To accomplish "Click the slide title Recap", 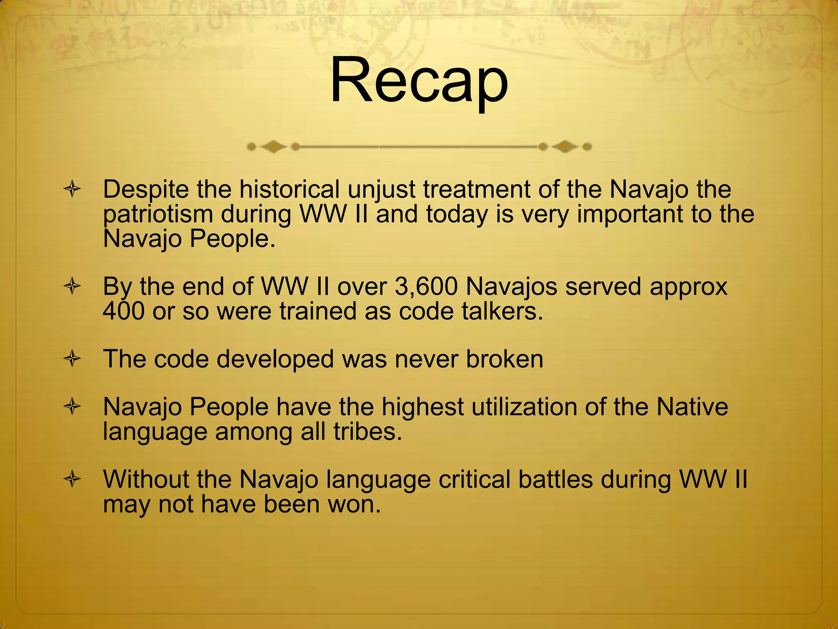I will [x=419, y=81].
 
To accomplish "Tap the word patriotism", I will [x=158, y=215].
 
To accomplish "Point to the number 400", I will [x=124, y=311].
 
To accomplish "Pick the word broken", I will [x=505, y=359].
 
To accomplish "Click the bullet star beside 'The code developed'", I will [x=72, y=359].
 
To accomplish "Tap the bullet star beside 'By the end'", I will [x=72, y=287].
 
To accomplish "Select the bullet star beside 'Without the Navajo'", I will [x=72, y=479].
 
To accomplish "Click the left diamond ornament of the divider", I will [x=273, y=146].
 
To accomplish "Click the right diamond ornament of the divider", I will [x=565, y=146].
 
